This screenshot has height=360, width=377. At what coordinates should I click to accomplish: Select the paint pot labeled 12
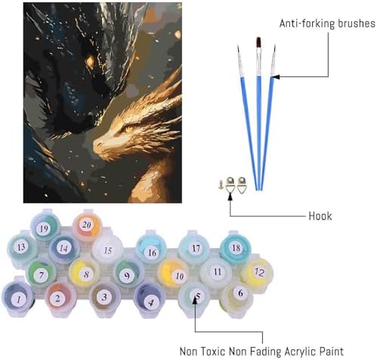point(258,273)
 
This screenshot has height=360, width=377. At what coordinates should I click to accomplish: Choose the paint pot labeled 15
point(108,250)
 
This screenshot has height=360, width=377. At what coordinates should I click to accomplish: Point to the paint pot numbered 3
point(105,298)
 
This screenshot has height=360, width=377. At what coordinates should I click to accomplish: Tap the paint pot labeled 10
point(173,274)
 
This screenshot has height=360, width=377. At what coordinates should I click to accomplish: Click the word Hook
point(320,216)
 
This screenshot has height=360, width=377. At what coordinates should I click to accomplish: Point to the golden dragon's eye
point(128,129)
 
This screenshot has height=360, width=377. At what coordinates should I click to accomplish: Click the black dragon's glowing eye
point(89,61)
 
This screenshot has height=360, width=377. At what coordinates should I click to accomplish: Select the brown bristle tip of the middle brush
point(258,42)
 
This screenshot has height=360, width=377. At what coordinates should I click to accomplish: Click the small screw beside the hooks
point(221,185)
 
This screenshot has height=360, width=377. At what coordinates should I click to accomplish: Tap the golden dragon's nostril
point(99,144)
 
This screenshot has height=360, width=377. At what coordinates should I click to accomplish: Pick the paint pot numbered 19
point(45,226)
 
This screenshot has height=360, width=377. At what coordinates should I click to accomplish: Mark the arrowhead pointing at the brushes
point(276,76)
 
